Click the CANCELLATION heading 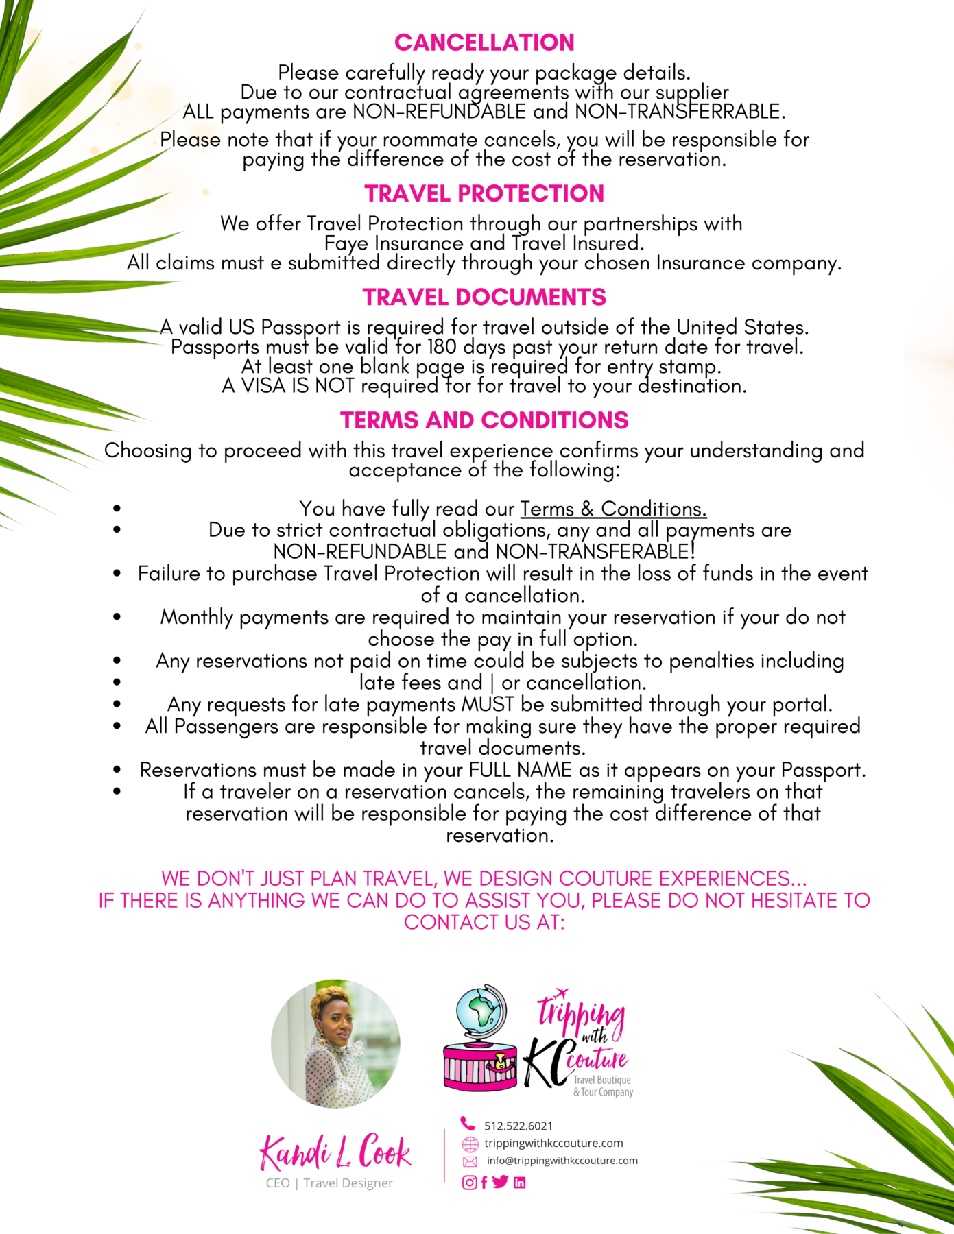coord(484,43)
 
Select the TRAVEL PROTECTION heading coord(484,194)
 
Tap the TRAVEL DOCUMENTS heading coord(484,298)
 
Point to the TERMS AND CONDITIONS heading coord(484,420)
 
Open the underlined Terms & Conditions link coord(613,509)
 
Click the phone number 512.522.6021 coord(518,1126)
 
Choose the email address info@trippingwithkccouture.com coord(562,1161)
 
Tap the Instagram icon coord(469,1183)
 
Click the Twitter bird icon coord(500,1182)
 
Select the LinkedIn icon coord(519,1183)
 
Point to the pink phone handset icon coord(468,1124)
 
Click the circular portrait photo coord(335,1043)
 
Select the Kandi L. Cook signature coord(335,1152)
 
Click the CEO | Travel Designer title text coord(329,1183)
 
